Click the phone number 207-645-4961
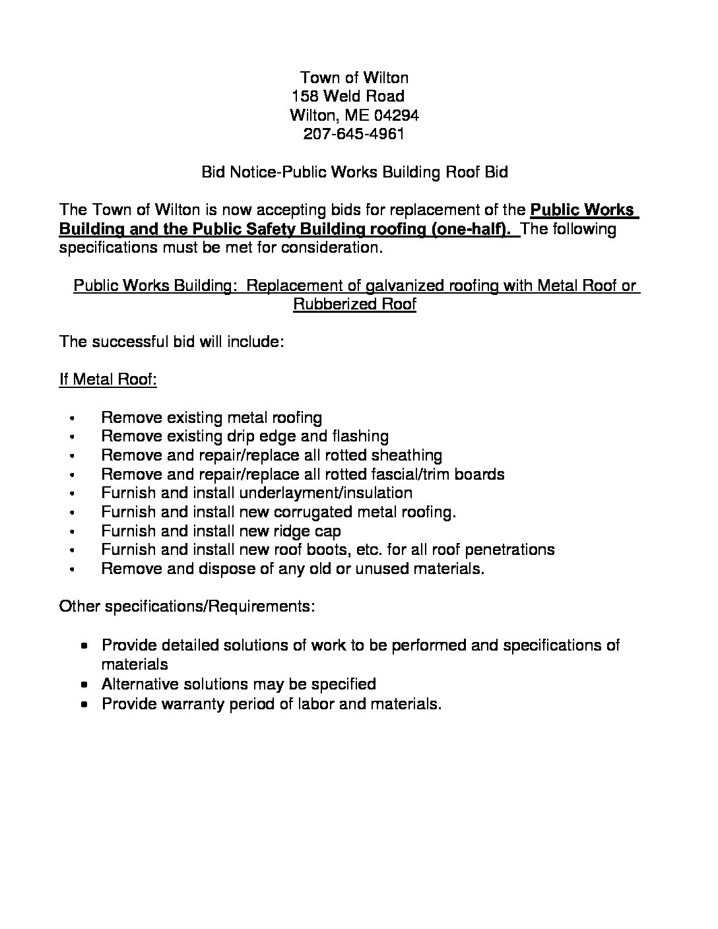(x=354, y=135)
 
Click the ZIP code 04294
(x=396, y=115)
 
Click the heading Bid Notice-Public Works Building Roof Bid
(x=354, y=173)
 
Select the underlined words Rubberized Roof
(x=354, y=305)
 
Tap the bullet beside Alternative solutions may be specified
(x=84, y=685)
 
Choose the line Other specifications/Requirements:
(x=187, y=606)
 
